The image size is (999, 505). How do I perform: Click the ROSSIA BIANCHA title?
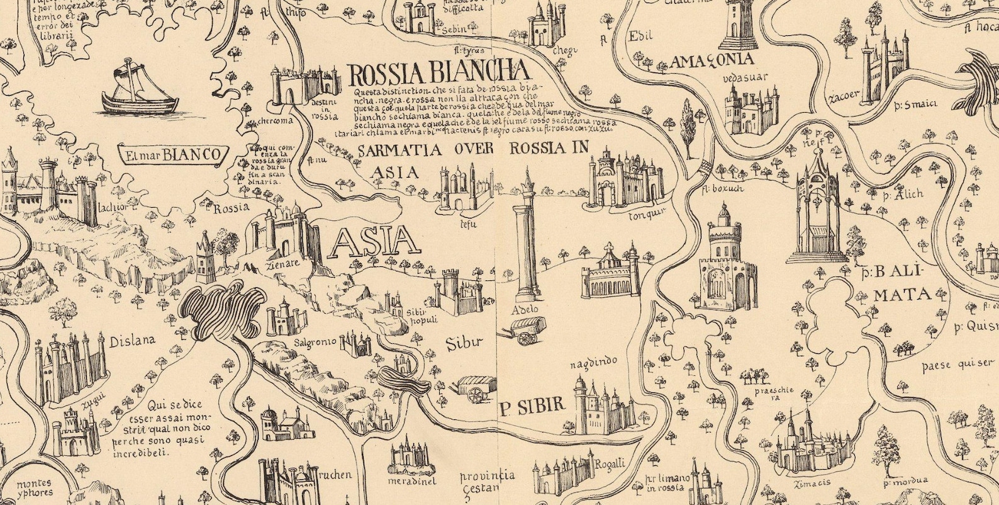pyautogui.click(x=438, y=74)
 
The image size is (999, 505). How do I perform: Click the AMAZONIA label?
pyautogui.click(x=712, y=61)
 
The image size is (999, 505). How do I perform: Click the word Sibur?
pyautogui.click(x=464, y=344)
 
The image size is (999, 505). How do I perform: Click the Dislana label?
pyautogui.click(x=132, y=343)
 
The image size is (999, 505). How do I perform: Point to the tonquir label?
pyautogui.click(x=647, y=215)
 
